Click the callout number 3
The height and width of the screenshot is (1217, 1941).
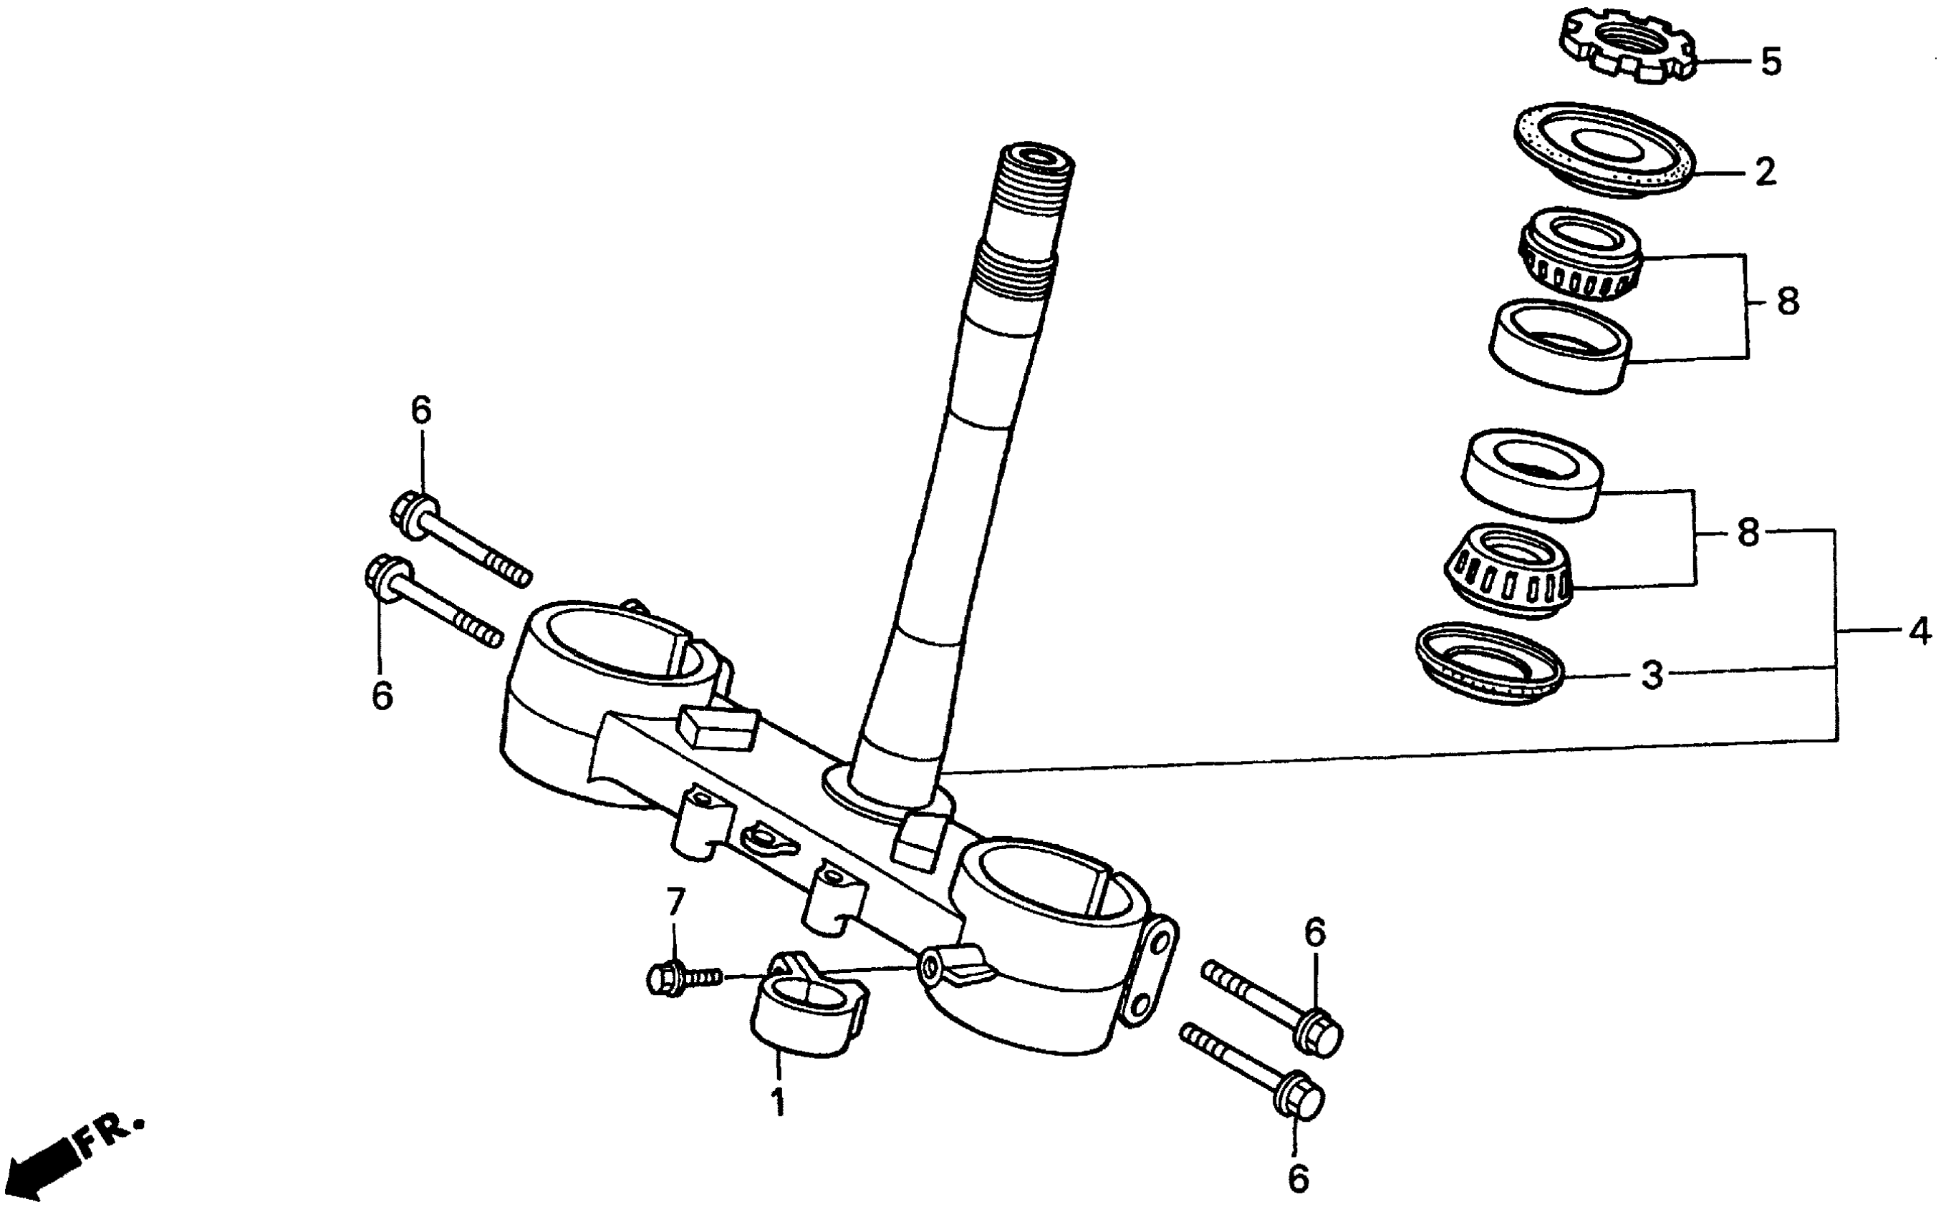coord(1652,674)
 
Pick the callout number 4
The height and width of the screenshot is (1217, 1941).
coord(1920,630)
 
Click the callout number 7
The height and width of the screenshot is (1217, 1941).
coord(675,903)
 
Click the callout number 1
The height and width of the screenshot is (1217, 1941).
coord(778,1102)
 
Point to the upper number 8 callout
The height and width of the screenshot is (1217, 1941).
coord(1787,303)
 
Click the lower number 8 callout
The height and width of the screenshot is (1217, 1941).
coord(1748,533)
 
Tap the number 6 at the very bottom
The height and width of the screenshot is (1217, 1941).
coord(1298,1179)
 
